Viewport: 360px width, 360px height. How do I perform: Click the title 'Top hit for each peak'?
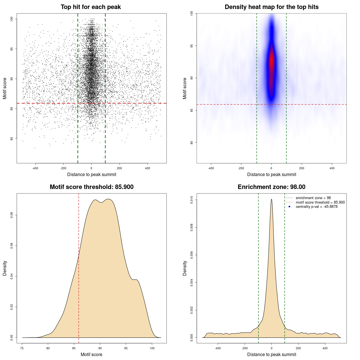[x=91, y=7]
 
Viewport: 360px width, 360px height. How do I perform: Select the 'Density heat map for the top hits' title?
[x=271, y=7]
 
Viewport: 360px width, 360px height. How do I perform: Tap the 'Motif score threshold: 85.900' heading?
[x=91, y=187]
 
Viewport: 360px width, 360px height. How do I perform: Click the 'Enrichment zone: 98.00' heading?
[x=271, y=187]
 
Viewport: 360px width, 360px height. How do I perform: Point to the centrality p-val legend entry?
[x=316, y=207]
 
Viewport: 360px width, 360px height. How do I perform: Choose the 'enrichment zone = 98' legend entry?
[x=313, y=198]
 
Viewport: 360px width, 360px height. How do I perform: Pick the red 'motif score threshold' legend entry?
[x=320, y=202]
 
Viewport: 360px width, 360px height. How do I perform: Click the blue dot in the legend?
[x=289, y=207]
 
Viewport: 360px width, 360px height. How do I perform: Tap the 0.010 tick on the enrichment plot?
[x=192, y=200]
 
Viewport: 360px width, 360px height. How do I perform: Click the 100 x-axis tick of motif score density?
[x=152, y=348]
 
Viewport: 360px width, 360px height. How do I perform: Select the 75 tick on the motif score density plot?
[x=22, y=348]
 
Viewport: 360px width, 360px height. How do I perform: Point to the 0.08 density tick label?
[x=12, y=215]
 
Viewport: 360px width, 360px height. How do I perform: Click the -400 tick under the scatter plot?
[x=35, y=168]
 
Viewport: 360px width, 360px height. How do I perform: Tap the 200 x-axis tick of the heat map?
[x=302, y=168]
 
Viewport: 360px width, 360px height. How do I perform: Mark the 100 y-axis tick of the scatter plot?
[x=12, y=19]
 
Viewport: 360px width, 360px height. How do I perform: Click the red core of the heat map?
[x=271, y=60]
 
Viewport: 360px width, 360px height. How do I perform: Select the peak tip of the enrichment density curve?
[x=271, y=199]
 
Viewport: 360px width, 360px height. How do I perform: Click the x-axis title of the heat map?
[x=271, y=175]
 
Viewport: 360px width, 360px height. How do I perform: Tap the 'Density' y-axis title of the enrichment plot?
[x=185, y=268]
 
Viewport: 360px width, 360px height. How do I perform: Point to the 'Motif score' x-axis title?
[x=91, y=355]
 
